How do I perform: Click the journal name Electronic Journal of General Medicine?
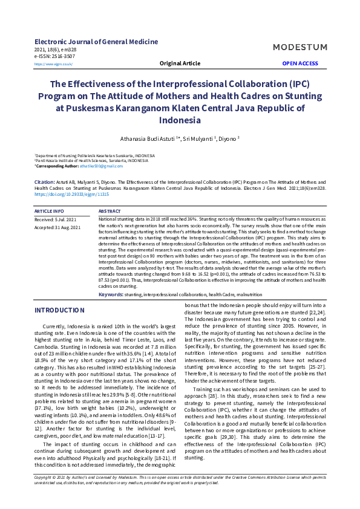[x=96, y=42]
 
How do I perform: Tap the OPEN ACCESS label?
[x=300, y=63]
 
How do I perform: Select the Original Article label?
[x=180, y=63]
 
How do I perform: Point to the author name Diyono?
[x=228, y=138]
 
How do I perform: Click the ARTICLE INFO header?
[x=50, y=211]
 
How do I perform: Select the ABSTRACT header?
[x=110, y=211]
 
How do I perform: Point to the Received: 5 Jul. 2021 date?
[x=55, y=219]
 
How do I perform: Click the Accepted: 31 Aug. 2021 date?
[x=57, y=227]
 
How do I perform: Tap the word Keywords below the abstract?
[x=110, y=294]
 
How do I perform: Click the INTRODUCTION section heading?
[x=59, y=310]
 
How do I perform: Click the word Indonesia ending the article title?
[x=180, y=120]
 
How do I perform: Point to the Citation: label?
[x=45, y=181]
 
